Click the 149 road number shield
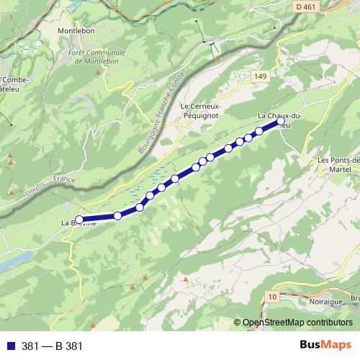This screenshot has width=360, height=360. [260, 76]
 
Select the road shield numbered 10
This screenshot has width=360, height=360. [271, 296]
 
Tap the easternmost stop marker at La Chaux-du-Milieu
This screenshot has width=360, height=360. [280, 122]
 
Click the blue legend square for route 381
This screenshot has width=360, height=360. [9, 346]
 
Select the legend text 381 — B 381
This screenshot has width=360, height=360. [53, 346]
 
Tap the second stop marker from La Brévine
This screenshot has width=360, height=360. [117, 216]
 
